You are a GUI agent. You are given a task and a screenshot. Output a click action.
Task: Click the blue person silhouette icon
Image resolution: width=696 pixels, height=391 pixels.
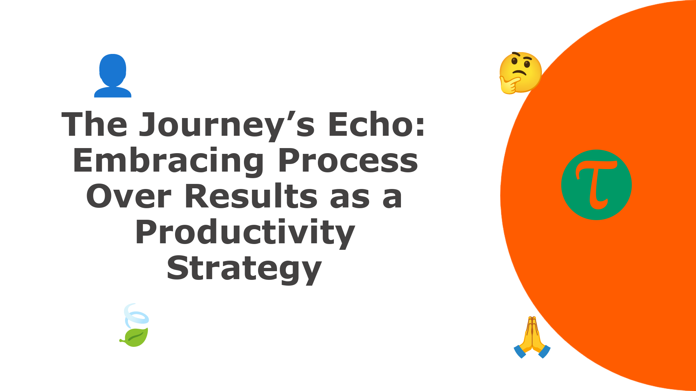113,76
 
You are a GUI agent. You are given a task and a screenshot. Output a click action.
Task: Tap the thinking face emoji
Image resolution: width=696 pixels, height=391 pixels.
520,73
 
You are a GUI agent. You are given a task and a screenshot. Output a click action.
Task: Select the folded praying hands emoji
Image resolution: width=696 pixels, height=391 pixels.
532,337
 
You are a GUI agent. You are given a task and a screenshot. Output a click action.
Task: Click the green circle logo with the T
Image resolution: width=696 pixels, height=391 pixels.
596,185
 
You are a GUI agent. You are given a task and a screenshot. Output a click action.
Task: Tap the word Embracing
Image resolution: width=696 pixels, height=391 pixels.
169,161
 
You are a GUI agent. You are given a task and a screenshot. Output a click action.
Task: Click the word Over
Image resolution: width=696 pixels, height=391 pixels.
129,197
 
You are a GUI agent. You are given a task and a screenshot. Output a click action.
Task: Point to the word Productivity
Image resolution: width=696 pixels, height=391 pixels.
245,233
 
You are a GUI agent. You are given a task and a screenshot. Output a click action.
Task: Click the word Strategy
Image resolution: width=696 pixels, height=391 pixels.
244,269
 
